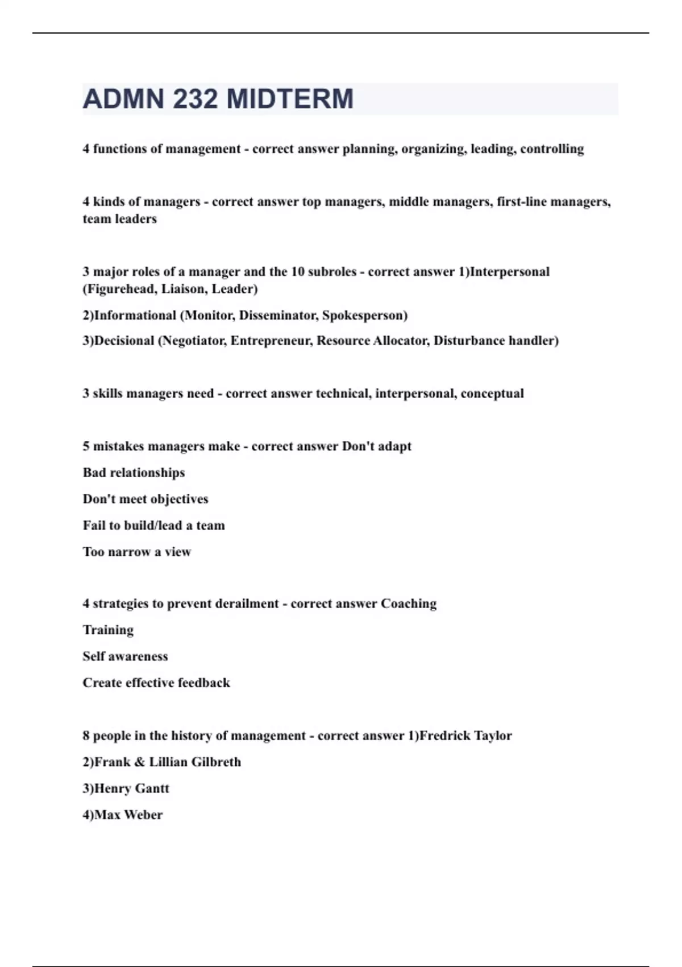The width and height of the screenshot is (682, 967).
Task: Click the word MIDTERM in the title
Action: pos(290,99)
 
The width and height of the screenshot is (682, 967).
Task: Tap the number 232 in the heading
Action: pos(194,99)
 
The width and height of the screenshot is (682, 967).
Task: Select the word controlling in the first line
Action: pos(552,149)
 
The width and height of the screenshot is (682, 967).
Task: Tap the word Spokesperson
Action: pos(364,316)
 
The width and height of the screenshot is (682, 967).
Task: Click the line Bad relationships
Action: pos(134,473)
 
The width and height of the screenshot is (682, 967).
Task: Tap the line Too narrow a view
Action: pos(137,552)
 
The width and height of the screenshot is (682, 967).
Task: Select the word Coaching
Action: pos(409,604)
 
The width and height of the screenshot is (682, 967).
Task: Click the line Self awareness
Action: pos(125,656)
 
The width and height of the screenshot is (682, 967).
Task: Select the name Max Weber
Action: pos(128,815)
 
